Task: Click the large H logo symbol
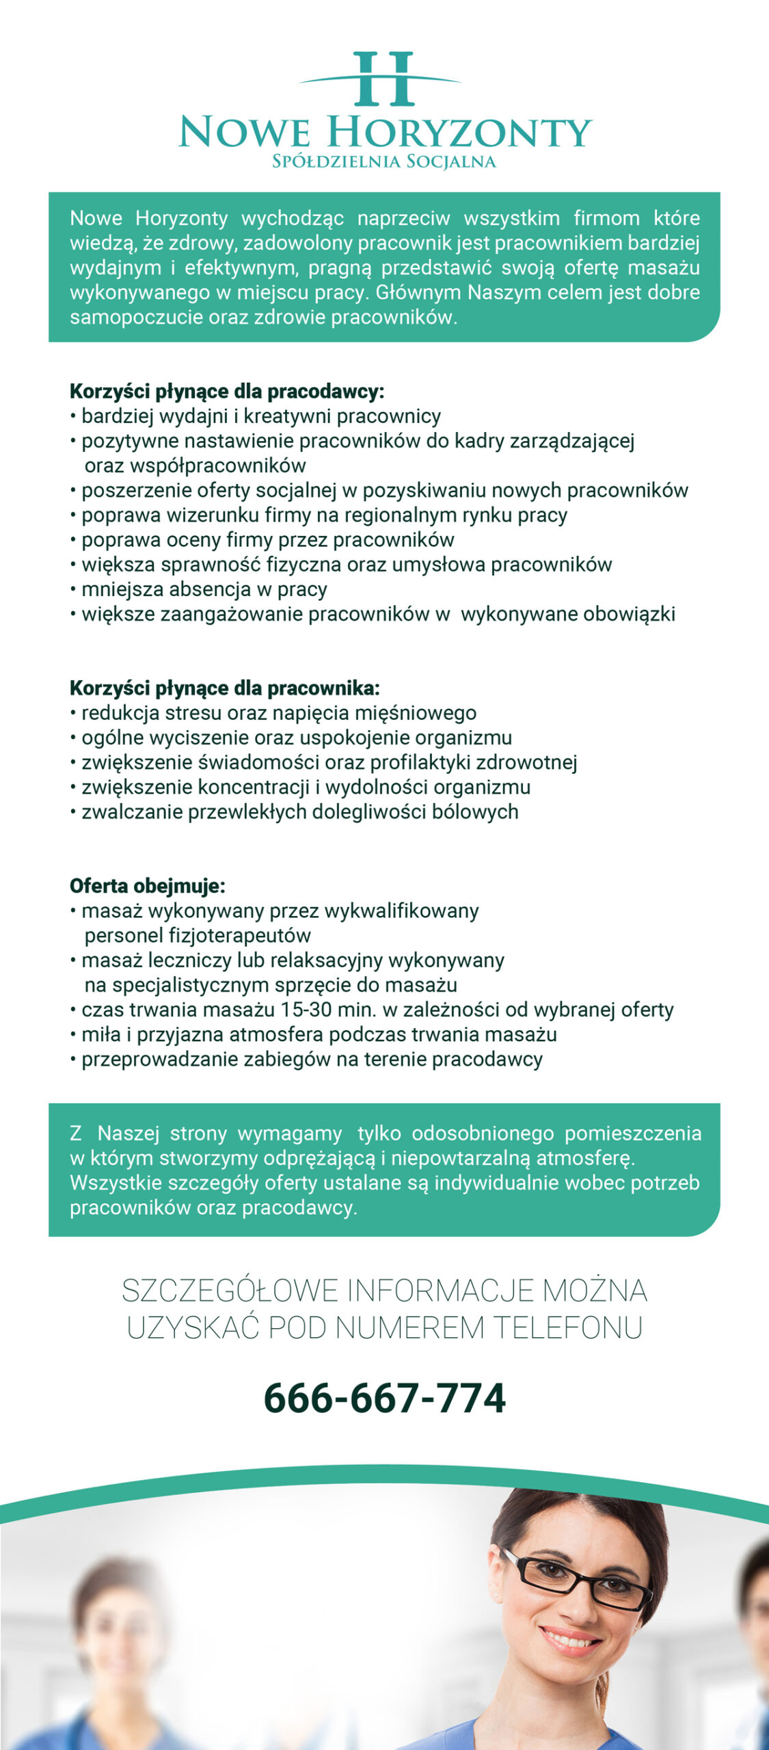pos(384,79)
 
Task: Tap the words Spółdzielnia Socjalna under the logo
pos(384,162)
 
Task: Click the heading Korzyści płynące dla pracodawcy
pos(227,392)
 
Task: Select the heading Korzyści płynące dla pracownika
pos(224,688)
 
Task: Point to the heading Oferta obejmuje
pos(147,886)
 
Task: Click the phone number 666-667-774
pos(384,1398)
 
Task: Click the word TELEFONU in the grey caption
pos(567,1328)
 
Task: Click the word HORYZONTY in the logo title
pos(459,133)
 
